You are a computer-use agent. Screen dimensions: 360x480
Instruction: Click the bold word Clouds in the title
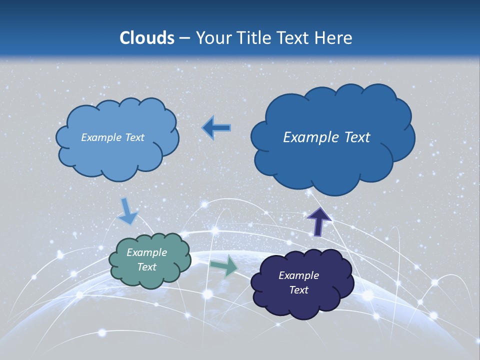pos(147,38)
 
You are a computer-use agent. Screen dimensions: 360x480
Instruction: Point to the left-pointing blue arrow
pos(216,128)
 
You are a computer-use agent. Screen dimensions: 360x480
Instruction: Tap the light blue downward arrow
pos(127,211)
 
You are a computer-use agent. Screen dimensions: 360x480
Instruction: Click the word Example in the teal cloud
pos(146,252)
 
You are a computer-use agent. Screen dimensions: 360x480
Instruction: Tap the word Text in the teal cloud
pos(146,267)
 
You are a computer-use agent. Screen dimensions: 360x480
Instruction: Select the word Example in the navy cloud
pos(298,275)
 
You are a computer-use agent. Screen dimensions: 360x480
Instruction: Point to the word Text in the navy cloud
pos(298,290)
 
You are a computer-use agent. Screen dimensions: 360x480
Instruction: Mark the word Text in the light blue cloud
pos(134,137)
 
